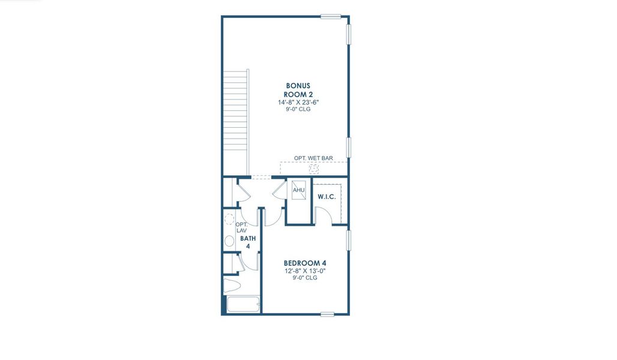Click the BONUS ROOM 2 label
[298, 89]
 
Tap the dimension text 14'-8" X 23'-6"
[298, 102]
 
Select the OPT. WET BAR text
[313, 158]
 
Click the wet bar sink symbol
[313, 169]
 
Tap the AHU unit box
[298, 191]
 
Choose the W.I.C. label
[326, 197]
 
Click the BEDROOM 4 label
[305, 263]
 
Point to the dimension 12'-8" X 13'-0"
[305, 271]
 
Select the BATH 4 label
[248, 242]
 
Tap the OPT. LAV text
[241, 227]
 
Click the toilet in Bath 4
[231, 284]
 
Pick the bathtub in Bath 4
[243, 305]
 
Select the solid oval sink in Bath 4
[229, 241]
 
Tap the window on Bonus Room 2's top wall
[331, 16]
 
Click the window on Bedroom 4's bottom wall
[327, 314]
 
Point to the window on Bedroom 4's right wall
[349, 240]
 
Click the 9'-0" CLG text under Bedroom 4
[305, 278]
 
